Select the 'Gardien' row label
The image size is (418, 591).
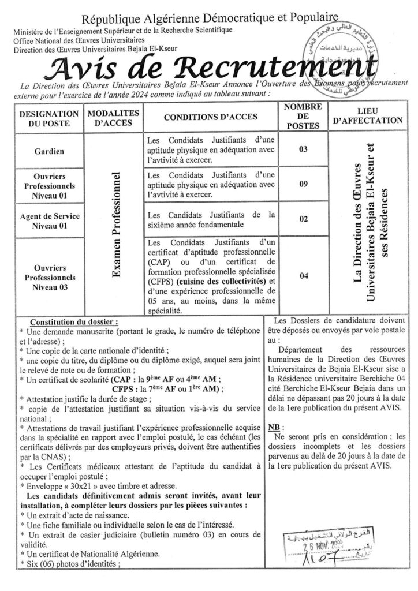50,152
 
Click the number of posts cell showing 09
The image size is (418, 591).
303,186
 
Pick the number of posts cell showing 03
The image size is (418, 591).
303,151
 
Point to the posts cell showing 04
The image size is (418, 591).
303,276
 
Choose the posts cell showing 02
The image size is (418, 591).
303,219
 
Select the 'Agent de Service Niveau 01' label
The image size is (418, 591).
50,220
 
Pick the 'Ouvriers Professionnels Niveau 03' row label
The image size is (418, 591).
50,276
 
